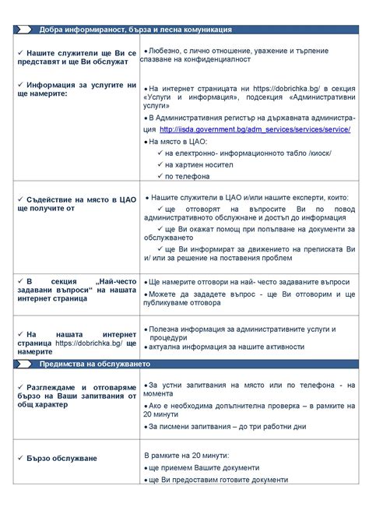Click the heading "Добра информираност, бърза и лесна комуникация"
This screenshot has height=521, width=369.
point(135,30)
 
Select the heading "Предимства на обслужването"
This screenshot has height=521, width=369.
point(93,364)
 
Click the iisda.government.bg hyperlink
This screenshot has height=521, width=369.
point(255,128)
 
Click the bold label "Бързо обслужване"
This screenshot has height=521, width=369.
point(62,458)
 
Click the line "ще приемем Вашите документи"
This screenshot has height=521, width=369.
point(204,467)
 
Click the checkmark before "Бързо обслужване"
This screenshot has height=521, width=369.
point(21,458)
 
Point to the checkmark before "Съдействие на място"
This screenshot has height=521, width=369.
point(21,200)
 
